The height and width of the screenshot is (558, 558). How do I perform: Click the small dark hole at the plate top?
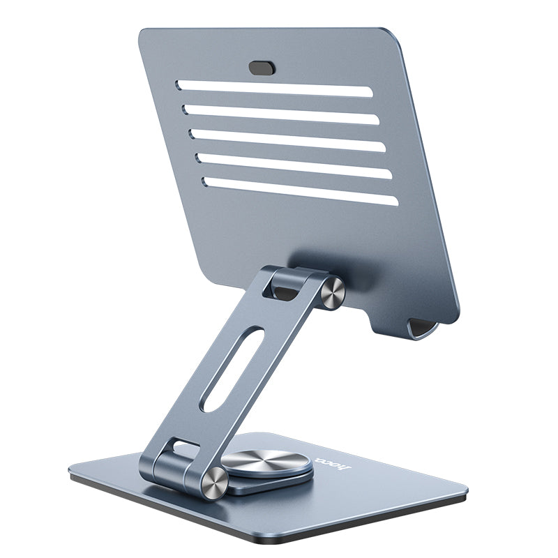point(262,68)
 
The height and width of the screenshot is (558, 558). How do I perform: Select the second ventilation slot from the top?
point(282,114)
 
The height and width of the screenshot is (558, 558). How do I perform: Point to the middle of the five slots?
point(289,139)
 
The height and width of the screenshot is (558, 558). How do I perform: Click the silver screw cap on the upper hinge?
point(333,292)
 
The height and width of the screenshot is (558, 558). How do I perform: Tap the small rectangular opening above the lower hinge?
point(183,446)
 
